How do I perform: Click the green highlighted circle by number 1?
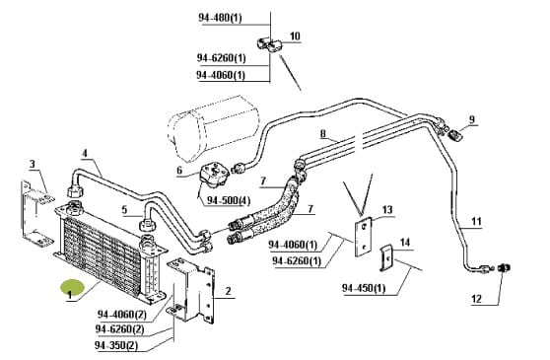click(73, 288)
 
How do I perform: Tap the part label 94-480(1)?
click(220, 18)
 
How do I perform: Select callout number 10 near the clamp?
click(295, 36)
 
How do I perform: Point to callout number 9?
click(472, 119)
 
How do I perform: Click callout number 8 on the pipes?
click(323, 134)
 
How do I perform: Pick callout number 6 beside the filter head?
click(179, 171)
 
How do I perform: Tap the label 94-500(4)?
click(229, 200)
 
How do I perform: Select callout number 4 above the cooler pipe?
click(85, 153)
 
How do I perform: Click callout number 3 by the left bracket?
click(33, 164)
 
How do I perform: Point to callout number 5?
click(124, 210)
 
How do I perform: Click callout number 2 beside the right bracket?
click(229, 291)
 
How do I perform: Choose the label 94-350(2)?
click(116, 345)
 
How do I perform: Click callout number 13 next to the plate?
click(387, 210)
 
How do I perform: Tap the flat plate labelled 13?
click(363, 237)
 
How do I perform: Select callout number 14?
click(405, 242)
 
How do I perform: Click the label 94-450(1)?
click(364, 288)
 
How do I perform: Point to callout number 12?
click(476, 299)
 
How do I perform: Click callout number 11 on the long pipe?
click(476, 221)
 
